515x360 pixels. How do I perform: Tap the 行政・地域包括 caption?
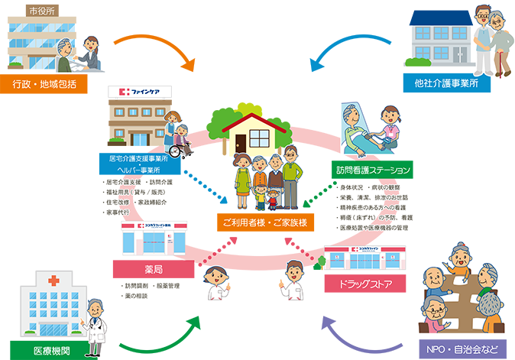44,84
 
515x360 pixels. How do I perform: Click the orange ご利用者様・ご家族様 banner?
264,222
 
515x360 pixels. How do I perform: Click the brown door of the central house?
241,144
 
